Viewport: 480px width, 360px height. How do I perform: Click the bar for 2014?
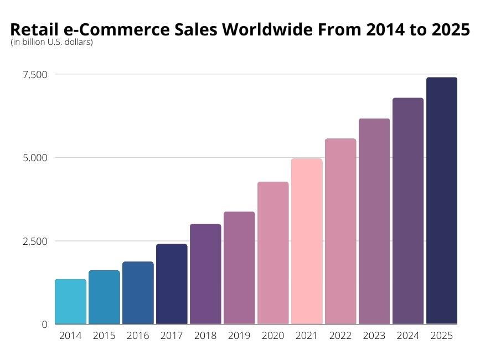(70, 302)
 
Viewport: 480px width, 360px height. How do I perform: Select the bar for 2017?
(172, 284)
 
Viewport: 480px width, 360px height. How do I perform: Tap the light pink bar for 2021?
(307, 241)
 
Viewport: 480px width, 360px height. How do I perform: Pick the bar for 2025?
(442, 200)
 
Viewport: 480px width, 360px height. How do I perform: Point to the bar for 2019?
(239, 268)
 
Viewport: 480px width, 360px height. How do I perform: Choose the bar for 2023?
(374, 222)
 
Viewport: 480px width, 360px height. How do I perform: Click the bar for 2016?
(138, 293)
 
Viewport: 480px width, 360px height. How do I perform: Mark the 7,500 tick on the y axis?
(34, 74)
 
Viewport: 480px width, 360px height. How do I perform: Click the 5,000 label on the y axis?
(34, 158)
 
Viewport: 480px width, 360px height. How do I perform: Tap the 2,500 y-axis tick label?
(34, 241)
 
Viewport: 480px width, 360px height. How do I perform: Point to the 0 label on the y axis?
(44, 325)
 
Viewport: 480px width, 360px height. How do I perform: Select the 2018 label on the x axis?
(205, 336)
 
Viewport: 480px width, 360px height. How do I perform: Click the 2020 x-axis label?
(273, 336)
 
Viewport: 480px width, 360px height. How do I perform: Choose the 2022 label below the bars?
(340, 336)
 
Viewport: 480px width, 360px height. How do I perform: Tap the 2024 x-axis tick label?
(408, 336)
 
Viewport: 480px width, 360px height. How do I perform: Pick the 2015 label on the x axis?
(104, 336)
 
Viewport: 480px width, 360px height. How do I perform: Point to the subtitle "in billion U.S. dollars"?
(51, 42)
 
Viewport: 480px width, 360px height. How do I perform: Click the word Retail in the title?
(31, 30)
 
